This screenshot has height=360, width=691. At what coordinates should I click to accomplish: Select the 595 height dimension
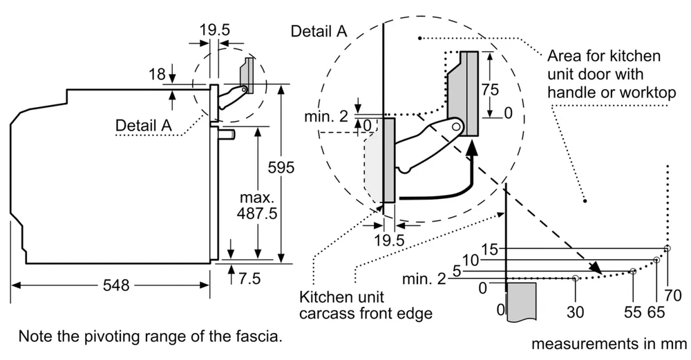pyautogui.click(x=281, y=167)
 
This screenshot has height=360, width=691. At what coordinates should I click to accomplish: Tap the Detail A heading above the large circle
pyautogui.click(x=319, y=31)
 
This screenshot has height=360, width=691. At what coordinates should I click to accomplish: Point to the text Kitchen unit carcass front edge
pyautogui.click(x=366, y=305)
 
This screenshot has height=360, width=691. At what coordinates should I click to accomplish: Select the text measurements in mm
pyautogui.click(x=610, y=343)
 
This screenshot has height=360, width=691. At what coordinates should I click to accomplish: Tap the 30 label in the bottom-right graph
pyautogui.click(x=575, y=312)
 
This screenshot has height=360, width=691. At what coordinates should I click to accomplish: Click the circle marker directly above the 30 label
pyautogui.click(x=576, y=278)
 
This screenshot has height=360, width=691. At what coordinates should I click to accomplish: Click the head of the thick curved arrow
pyautogui.click(x=471, y=145)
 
